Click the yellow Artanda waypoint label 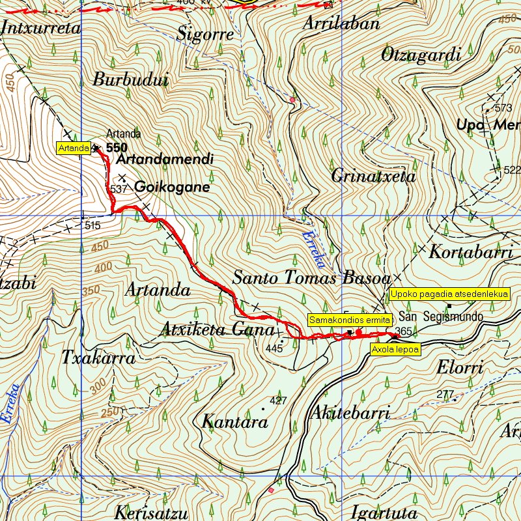(74, 148)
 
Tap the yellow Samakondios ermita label (350, 320)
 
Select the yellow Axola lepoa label (395, 349)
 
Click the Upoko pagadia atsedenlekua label (449, 294)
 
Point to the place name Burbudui (131, 80)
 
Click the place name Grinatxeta (373, 176)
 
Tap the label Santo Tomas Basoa (311, 279)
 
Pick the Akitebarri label (350, 412)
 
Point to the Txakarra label (98, 358)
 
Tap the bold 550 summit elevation (117, 147)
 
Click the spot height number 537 (118, 189)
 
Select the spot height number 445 (275, 349)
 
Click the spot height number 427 (278, 401)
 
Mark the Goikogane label (172, 188)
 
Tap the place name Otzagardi (421, 55)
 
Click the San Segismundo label (440, 317)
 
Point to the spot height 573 (503, 107)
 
